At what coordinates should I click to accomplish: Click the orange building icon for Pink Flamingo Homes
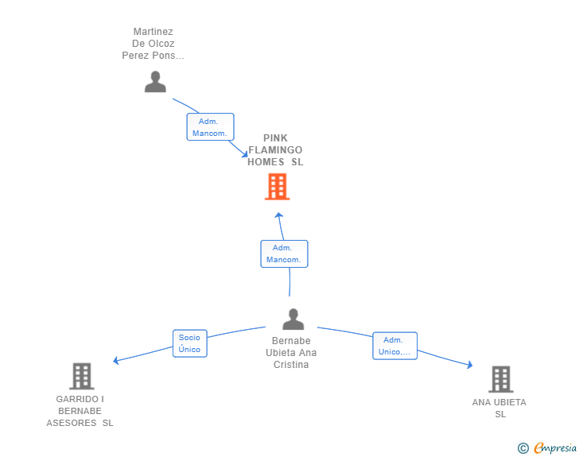[x=277, y=187]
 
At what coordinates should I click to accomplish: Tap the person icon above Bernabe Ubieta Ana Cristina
[x=293, y=320]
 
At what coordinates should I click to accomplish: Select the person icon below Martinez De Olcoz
[x=155, y=82]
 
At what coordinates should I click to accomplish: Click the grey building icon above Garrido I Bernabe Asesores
[x=82, y=376]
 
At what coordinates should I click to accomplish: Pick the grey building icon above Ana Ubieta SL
[x=501, y=379]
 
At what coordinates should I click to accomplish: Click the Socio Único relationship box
[x=190, y=343]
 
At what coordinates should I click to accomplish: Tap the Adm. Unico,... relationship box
[x=394, y=346]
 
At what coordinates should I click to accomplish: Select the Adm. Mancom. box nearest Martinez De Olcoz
[x=210, y=127]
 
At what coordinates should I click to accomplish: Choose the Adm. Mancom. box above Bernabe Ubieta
[x=284, y=254]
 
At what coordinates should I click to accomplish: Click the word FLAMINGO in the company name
[x=275, y=150]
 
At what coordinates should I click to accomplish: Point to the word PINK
[x=275, y=138]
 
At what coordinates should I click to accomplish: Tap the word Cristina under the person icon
[x=291, y=365]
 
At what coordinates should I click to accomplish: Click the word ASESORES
[x=72, y=423]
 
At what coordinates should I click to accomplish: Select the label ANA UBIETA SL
[x=499, y=409]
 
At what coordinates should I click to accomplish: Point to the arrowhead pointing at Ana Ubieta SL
[x=470, y=365]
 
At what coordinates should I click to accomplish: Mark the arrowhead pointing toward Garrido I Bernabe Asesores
[x=116, y=360]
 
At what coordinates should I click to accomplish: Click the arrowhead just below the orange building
[x=279, y=215]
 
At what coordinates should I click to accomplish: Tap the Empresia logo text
[x=555, y=447]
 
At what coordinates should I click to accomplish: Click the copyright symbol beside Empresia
[x=523, y=448]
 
